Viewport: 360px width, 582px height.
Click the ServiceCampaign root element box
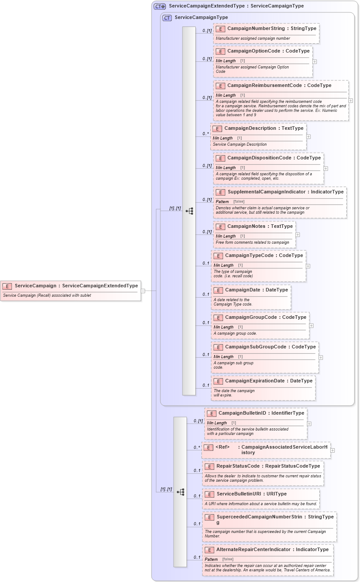[71, 290]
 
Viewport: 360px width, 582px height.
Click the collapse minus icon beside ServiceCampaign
[143, 291]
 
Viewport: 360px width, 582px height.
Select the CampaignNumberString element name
[256, 29]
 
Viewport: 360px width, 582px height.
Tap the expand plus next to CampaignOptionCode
[315, 61]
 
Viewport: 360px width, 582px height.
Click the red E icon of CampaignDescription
[217, 128]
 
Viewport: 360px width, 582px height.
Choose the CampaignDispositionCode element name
[259, 158]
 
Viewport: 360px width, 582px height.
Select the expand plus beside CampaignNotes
[298, 234]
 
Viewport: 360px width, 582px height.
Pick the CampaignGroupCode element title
[251, 317]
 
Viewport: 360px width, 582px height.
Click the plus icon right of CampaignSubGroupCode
[321, 357]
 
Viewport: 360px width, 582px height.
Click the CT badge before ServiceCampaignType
[167, 18]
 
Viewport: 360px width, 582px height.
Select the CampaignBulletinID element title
[243, 413]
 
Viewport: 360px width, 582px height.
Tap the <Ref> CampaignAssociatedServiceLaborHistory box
[266, 450]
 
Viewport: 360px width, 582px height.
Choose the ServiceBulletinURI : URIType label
[251, 494]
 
